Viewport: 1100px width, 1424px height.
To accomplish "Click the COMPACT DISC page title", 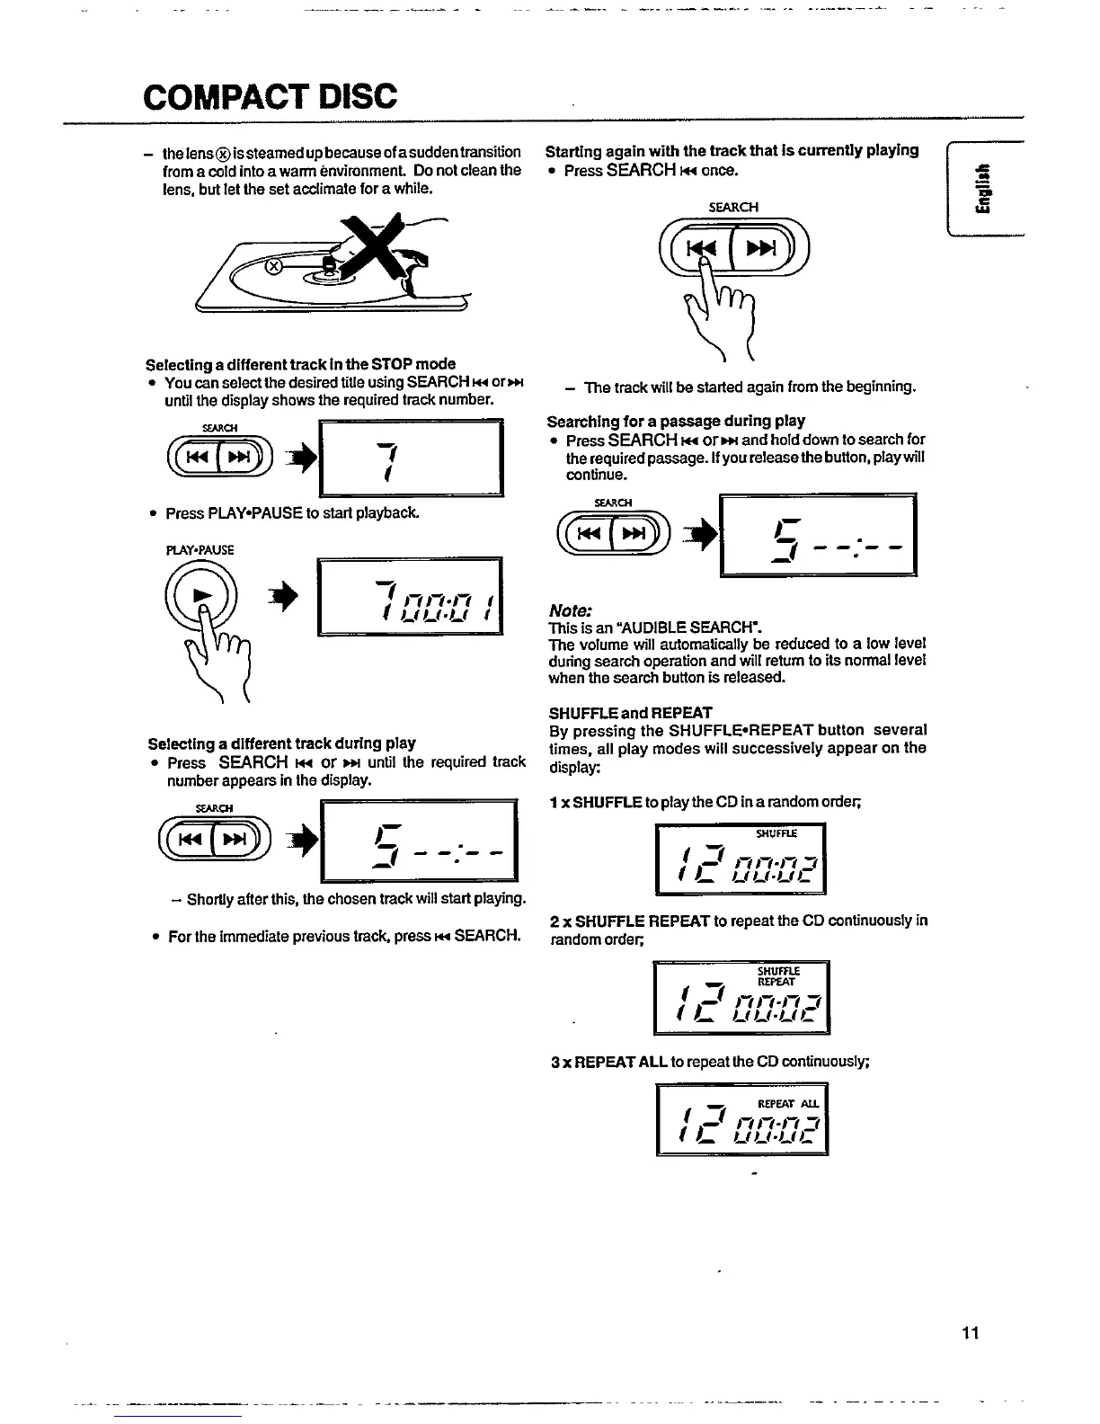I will click(x=269, y=96).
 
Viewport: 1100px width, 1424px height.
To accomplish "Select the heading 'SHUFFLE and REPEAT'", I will click(x=630, y=712).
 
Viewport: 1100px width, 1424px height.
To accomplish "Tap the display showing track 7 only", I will click(x=411, y=458).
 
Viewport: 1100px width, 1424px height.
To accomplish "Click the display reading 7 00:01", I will click(x=409, y=598).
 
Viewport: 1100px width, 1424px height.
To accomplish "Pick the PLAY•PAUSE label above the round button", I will click(x=200, y=549).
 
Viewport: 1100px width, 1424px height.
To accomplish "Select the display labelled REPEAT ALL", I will click(x=741, y=1119).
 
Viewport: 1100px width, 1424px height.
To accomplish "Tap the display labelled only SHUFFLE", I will click(x=741, y=859).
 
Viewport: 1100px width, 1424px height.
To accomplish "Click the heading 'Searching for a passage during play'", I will click(x=676, y=421).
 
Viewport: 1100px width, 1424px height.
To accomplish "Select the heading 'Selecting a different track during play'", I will click(x=281, y=743).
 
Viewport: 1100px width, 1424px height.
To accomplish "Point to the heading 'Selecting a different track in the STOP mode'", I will click(x=300, y=364).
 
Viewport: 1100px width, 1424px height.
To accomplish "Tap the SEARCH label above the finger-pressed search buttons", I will click(x=733, y=207).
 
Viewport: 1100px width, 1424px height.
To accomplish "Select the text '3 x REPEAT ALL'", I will click(x=608, y=1061).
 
